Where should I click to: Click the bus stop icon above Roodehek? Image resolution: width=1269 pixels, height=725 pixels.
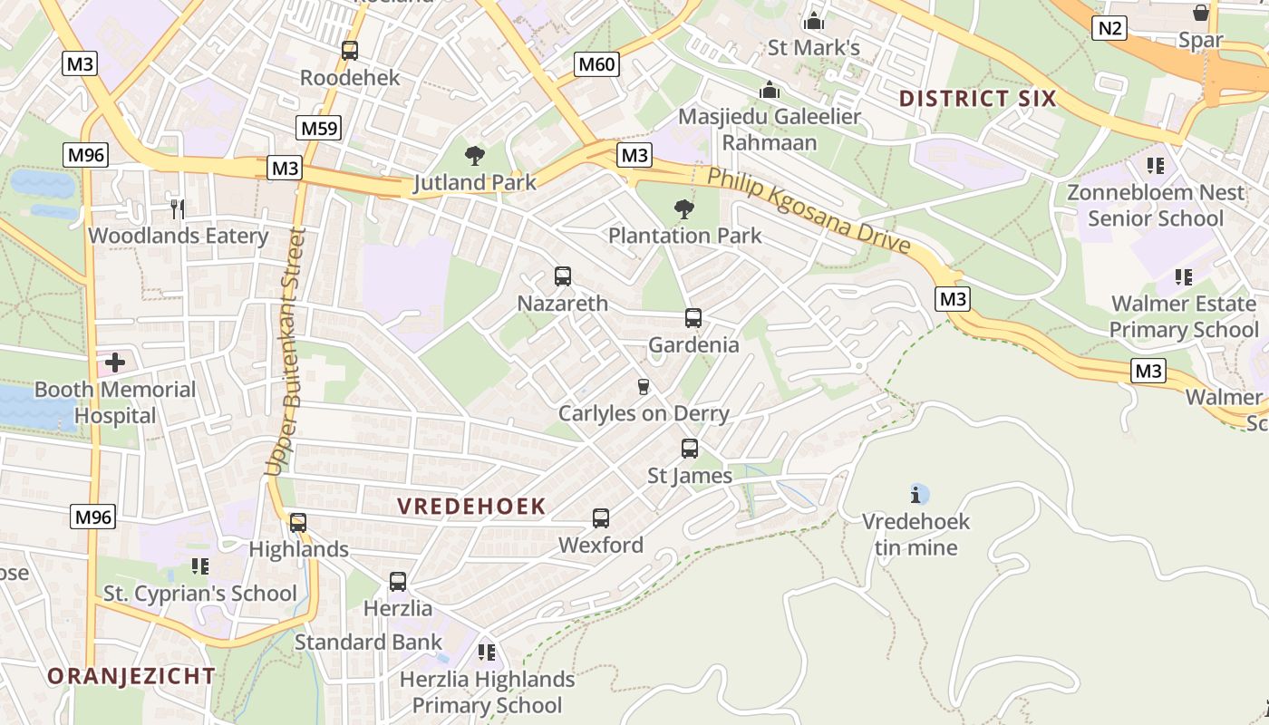(350, 51)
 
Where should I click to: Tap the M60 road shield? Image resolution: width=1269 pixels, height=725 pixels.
(596, 63)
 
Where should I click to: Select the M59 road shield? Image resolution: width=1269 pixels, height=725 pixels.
(318, 128)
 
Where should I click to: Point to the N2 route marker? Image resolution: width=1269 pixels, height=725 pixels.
(1109, 28)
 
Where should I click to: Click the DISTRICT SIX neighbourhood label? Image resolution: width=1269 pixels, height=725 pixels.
(978, 99)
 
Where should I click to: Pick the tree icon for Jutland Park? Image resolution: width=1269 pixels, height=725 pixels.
(474, 156)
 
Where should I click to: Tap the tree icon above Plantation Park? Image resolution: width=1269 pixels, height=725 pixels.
(684, 209)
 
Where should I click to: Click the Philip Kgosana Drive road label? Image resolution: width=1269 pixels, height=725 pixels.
(808, 211)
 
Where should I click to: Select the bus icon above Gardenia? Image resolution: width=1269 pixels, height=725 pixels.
(693, 318)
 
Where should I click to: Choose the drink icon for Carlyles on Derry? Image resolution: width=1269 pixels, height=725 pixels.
(644, 387)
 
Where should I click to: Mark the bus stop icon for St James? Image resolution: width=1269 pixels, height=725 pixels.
(690, 449)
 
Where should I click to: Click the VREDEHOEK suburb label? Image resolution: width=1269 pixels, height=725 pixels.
(471, 507)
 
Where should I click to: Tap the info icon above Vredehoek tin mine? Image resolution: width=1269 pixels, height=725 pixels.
(916, 495)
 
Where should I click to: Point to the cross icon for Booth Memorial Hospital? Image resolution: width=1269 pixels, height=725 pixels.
(115, 363)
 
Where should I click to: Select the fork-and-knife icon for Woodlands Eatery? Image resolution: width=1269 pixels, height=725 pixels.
(178, 209)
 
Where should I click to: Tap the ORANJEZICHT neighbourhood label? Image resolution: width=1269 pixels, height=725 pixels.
(131, 676)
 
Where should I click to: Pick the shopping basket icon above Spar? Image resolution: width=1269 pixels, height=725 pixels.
(1201, 13)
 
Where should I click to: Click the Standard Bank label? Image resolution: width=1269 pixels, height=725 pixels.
(368, 643)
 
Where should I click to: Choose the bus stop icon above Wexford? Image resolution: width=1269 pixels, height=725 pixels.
(601, 518)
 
